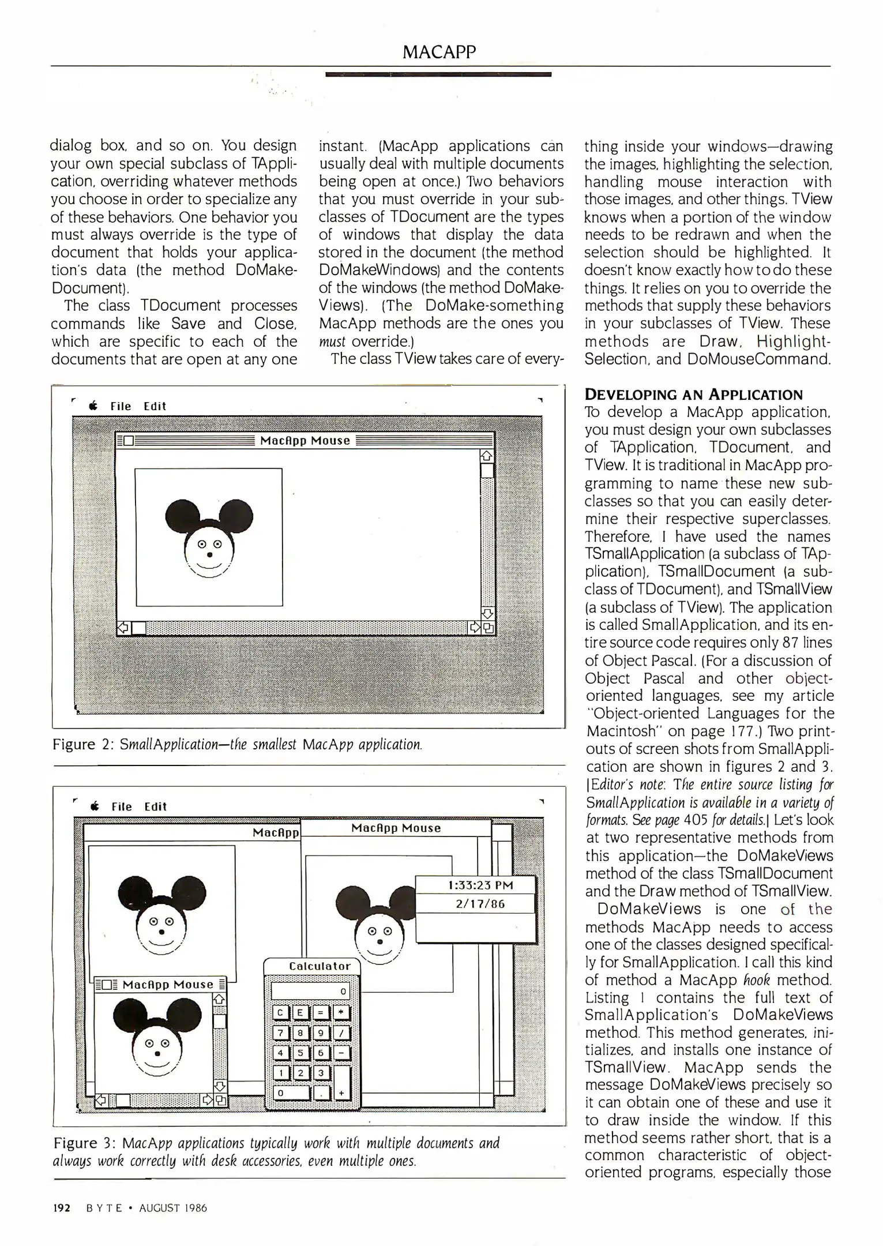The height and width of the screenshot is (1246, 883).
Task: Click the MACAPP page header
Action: pyautogui.click(x=439, y=52)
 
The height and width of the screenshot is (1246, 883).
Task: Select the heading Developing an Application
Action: pyautogui.click(x=693, y=395)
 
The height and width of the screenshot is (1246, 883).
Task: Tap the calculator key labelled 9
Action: pyautogui.click(x=321, y=1033)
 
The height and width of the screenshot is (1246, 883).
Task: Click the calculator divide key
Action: pyautogui.click(x=341, y=1033)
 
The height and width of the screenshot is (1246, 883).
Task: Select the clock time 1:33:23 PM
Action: pyautogui.click(x=480, y=885)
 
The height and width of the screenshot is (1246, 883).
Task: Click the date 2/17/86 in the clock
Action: pyautogui.click(x=480, y=904)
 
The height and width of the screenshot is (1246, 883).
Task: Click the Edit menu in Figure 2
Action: pyautogui.click(x=155, y=407)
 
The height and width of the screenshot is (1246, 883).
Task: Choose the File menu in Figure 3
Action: pyautogui.click(x=121, y=807)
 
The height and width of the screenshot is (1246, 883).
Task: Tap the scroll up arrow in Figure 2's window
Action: pyautogui.click(x=487, y=456)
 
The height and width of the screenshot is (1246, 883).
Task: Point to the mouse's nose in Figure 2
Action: pyautogui.click(x=209, y=554)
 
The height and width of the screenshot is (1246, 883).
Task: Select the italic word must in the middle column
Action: pyautogui.click(x=332, y=341)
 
